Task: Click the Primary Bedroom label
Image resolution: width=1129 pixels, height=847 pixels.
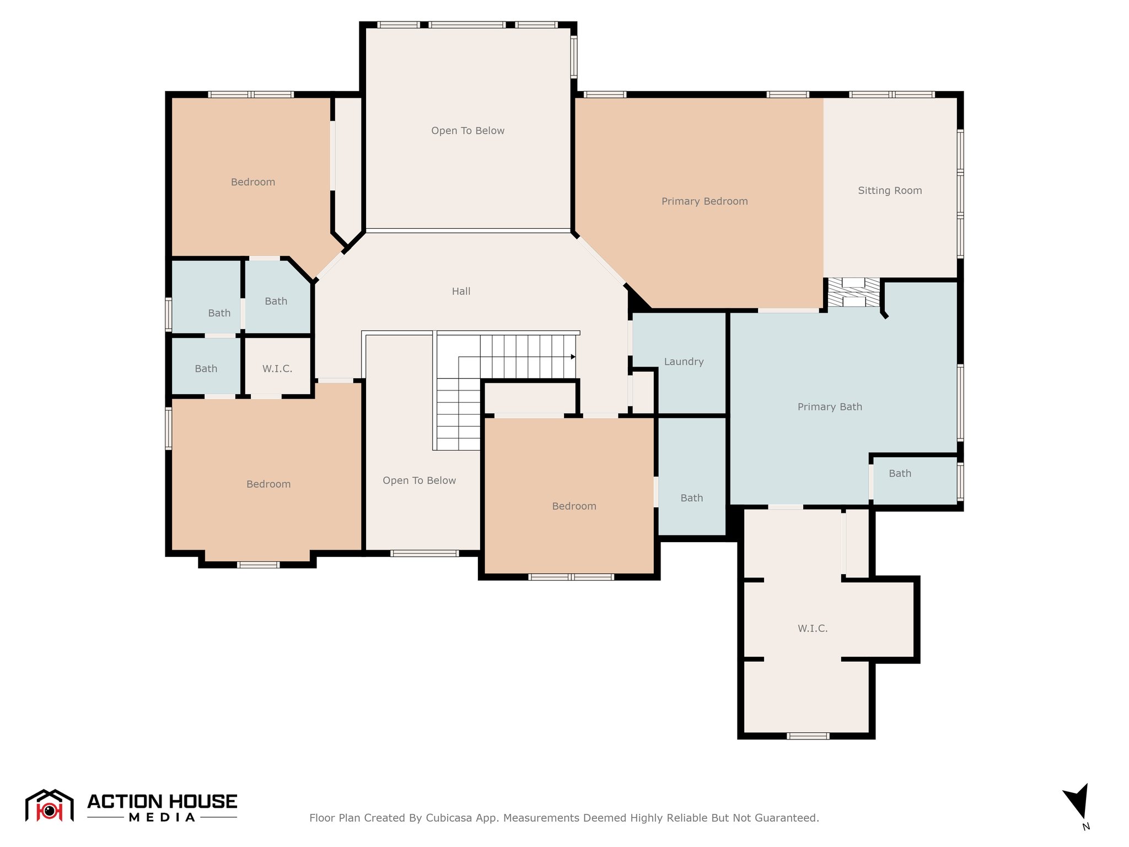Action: coord(705,201)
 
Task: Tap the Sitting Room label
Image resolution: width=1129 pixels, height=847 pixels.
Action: coord(890,190)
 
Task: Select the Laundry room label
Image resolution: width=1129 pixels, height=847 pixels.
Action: coord(684,362)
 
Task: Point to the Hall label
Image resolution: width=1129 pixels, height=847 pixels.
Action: coord(461,291)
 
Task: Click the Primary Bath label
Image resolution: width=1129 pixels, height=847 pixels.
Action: coord(830,407)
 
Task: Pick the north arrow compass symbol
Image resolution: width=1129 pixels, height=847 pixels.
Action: coord(1077,802)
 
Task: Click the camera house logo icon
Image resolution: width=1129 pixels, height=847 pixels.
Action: coord(49,806)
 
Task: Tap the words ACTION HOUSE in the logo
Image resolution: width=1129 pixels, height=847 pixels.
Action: coord(162,801)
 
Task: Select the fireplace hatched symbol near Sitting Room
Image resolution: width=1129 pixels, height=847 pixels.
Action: coord(853,292)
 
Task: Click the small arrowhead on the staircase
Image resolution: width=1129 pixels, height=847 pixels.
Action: coord(573,357)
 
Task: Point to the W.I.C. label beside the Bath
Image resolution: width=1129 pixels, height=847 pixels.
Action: coord(277,368)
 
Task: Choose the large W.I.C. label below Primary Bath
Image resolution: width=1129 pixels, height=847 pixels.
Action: coord(813,628)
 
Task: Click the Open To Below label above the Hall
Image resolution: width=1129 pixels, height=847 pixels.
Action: coord(467,131)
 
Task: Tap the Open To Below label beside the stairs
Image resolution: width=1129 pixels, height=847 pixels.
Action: coord(419,480)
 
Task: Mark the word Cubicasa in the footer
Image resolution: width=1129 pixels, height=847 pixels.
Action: coord(448,818)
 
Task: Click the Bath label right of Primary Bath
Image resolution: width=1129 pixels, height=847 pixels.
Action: coord(900,473)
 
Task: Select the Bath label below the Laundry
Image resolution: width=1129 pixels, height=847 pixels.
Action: coord(691,498)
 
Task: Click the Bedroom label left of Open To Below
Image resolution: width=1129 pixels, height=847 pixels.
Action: coord(253,182)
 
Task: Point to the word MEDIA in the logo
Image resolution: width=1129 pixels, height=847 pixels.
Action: coord(162,817)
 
